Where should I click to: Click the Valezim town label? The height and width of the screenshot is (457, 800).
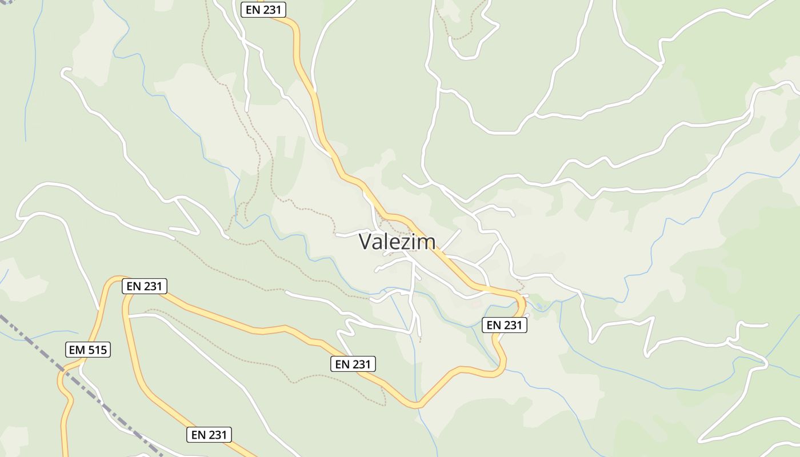(397, 242)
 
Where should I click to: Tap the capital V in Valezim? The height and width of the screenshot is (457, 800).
(366, 242)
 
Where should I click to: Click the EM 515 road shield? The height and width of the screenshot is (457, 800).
(88, 350)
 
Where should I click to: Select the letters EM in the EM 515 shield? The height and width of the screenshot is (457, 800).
(77, 350)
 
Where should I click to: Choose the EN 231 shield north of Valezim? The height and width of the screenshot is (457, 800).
(263, 10)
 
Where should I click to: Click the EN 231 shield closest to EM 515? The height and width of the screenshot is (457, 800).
(145, 286)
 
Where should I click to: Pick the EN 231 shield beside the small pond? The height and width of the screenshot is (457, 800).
(504, 325)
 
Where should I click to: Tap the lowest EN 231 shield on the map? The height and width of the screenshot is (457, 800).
(209, 435)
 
